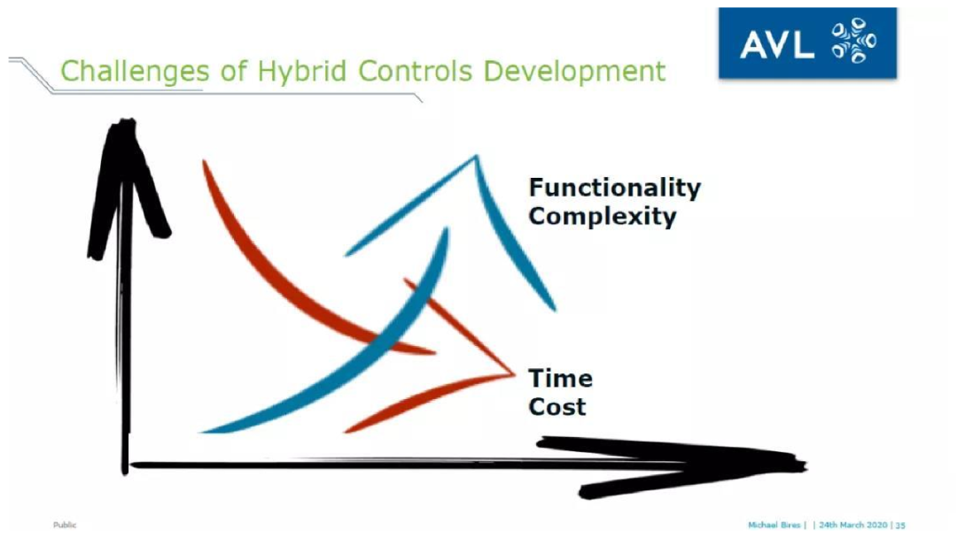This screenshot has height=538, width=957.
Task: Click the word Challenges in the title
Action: [135, 72]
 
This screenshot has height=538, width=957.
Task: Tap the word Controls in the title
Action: [415, 71]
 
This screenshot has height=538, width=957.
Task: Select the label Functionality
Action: [615, 188]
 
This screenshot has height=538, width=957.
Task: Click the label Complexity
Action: [603, 216]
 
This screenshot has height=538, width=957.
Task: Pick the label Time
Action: [560, 379]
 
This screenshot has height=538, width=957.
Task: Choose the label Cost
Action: [557, 406]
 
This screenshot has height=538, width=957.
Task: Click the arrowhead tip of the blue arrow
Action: [476, 157]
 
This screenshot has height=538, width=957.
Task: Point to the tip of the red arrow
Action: [514, 373]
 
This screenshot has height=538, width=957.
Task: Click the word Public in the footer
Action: [65, 525]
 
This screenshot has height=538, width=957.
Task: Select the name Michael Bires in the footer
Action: [774, 525]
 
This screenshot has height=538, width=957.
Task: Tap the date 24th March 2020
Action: [852, 525]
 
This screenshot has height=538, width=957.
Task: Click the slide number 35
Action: [900, 525]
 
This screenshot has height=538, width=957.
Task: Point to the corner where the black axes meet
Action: [126, 466]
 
